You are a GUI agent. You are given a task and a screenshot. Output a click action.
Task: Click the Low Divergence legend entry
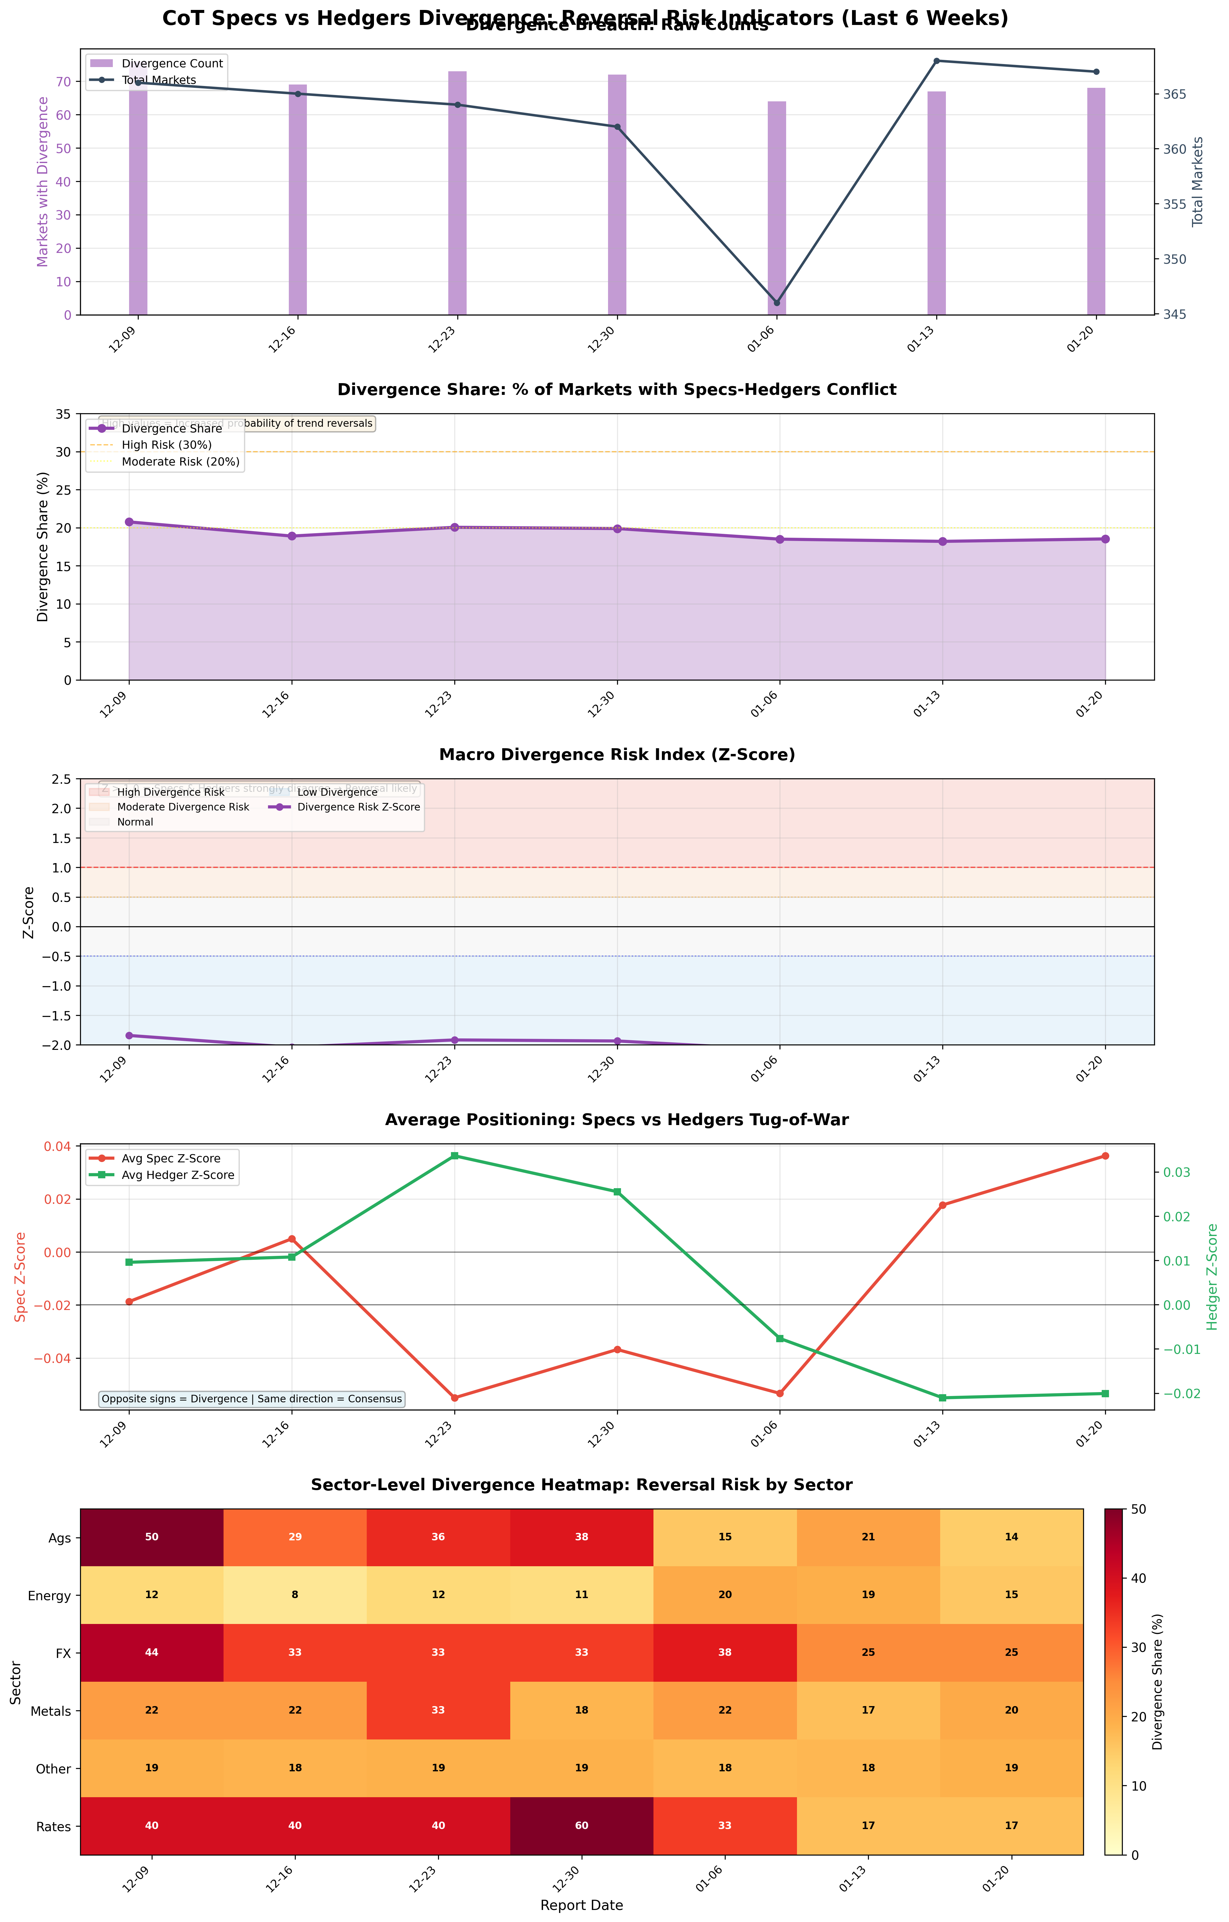335,792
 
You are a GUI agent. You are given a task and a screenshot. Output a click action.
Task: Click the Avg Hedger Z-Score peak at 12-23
454,1156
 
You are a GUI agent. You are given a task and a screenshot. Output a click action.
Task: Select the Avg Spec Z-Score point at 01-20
1105,1156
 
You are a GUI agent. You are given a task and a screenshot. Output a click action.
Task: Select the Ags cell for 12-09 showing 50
152,1537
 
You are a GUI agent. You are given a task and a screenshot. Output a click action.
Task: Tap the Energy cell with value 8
295,1595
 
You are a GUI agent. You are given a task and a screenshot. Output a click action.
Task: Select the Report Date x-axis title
581,1905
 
